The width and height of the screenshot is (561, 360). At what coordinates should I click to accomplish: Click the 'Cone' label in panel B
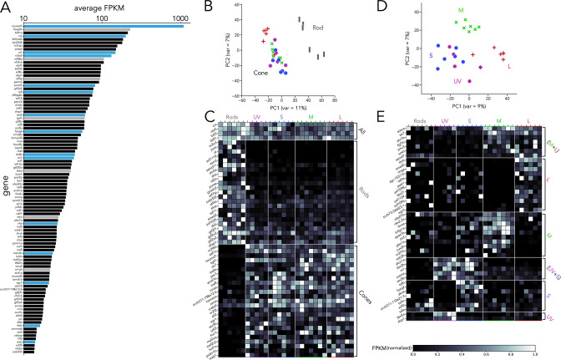[x=261, y=73]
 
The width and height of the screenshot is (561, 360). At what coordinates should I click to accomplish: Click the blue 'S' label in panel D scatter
[x=430, y=56]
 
